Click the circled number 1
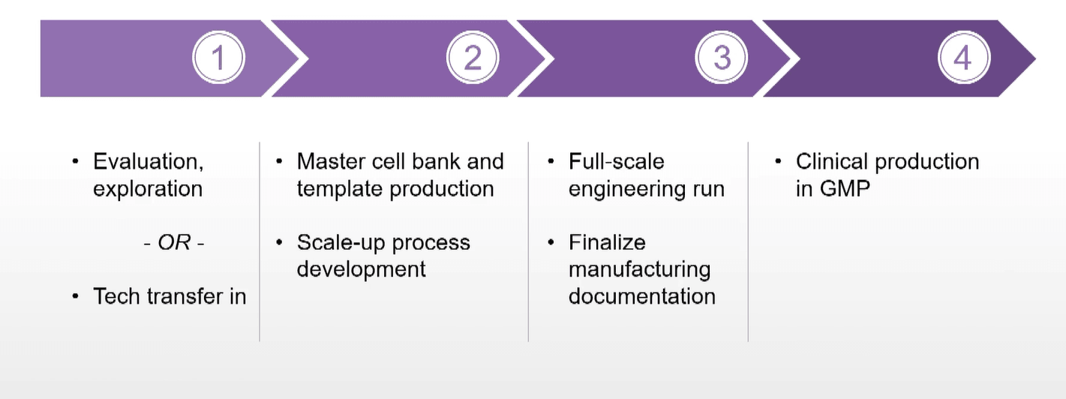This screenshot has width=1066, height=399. (x=218, y=58)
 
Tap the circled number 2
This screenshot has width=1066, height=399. (x=473, y=58)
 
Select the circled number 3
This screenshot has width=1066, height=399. (x=722, y=58)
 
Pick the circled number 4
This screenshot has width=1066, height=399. (x=964, y=58)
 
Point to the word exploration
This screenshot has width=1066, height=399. (x=148, y=188)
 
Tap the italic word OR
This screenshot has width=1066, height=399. (x=173, y=243)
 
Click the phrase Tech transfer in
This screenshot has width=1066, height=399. (x=170, y=296)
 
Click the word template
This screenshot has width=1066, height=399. (x=341, y=188)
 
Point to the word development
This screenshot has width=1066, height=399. (x=362, y=269)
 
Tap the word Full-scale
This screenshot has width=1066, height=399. (x=617, y=161)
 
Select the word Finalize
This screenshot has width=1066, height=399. (x=607, y=243)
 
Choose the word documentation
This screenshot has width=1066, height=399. (x=642, y=296)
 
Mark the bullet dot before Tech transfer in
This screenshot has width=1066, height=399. (x=75, y=297)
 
